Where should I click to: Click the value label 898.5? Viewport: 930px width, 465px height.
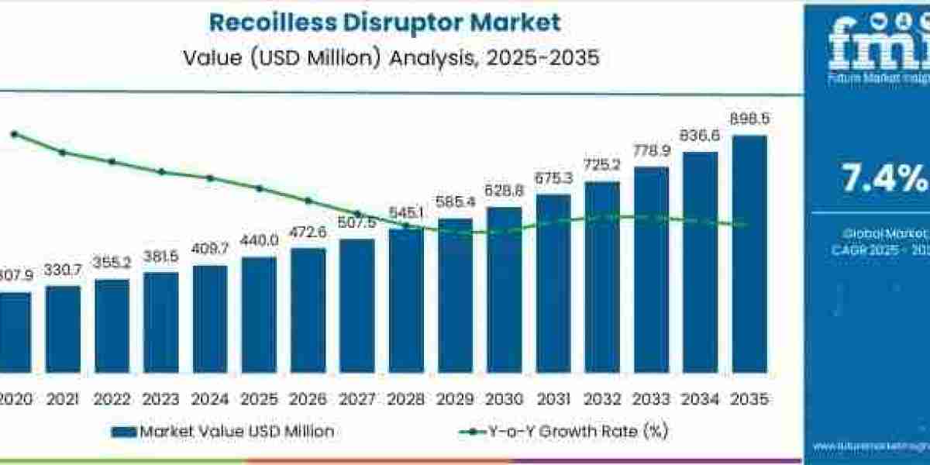(749, 119)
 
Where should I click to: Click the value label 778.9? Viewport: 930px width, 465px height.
(651, 150)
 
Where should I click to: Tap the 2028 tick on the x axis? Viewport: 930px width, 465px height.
(406, 400)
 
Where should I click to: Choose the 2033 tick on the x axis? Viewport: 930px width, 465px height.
(651, 400)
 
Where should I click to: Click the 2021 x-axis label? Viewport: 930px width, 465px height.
(63, 400)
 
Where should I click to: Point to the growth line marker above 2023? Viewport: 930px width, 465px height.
(161, 171)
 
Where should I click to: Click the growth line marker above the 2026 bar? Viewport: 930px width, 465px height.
(308, 200)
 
